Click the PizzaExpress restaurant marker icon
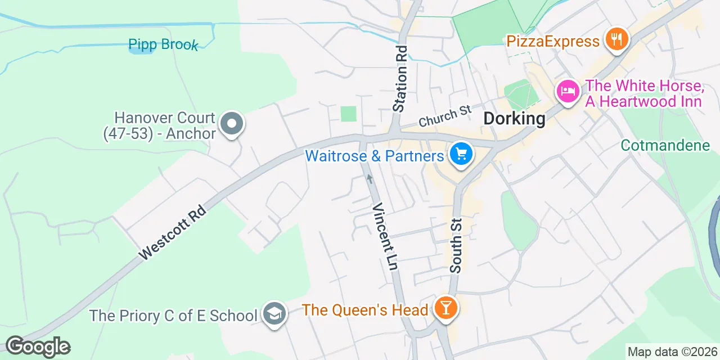pos(617,39)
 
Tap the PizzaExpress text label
pos(553,41)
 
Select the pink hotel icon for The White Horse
pos(568,91)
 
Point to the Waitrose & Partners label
pos(375,155)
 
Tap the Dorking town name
pos(515,119)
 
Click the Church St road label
pos(444,116)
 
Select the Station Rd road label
pos(400,79)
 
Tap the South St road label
pos(456,246)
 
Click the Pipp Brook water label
pos(163,44)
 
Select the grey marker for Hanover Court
pos(231,123)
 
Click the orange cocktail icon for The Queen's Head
pos(446,308)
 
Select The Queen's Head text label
pos(366,309)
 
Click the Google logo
pos(38,346)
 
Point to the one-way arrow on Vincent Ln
pos(370,178)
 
